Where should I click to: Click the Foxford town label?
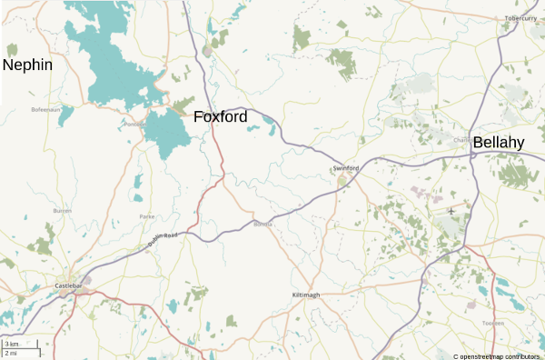pos(220,117)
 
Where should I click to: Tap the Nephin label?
pos(27,65)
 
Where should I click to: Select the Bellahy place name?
pos(499,143)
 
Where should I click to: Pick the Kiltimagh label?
pos(306,295)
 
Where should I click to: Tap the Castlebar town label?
pos(69,286)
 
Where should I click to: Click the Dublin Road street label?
pos(164,239)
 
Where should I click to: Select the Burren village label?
pos(62,210)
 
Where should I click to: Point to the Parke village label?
pos(147,216)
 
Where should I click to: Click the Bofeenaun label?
pos(45,109)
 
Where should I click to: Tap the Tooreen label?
pos(493,324)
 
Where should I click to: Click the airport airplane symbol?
pos(451,211)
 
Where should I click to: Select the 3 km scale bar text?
pos(11,344)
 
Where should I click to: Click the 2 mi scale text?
pos(11,353)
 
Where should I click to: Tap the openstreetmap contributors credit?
pos(496,355)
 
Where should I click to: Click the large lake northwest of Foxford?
pos(114,64)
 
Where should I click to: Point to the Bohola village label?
pos(263,224)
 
